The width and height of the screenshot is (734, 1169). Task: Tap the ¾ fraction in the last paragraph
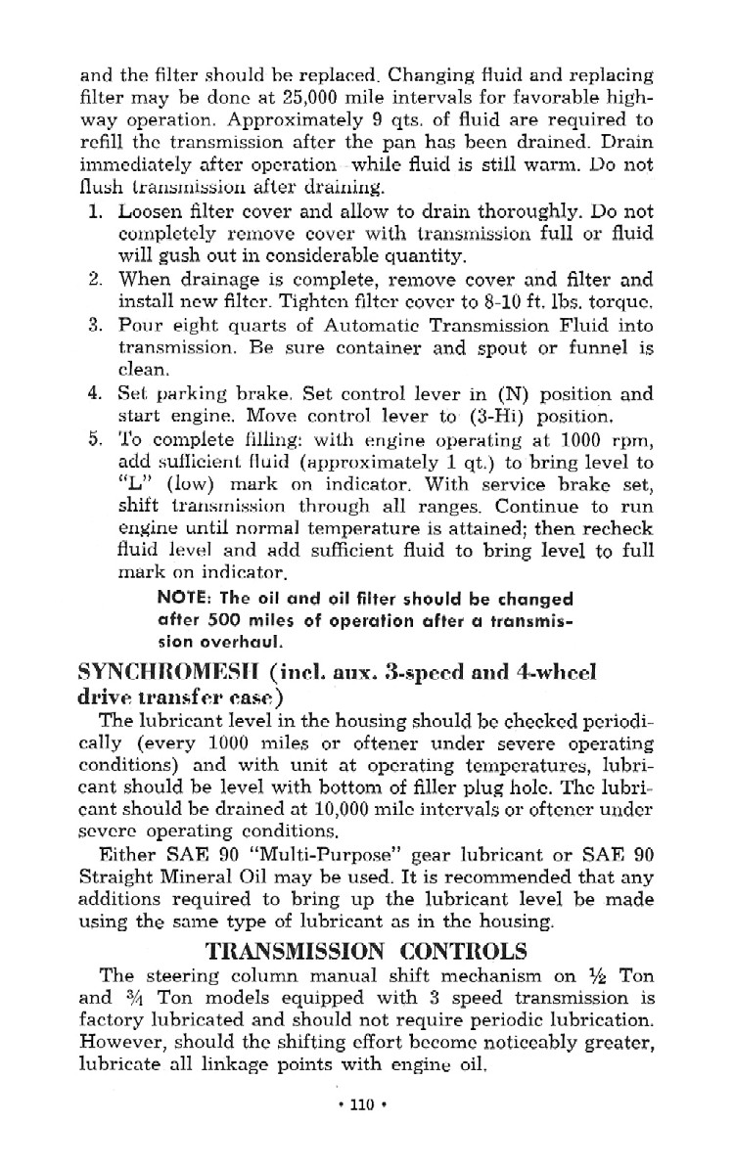pos(134,999)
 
